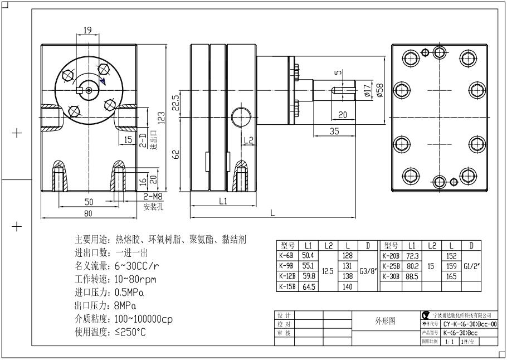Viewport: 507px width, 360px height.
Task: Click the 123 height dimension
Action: [161, 118]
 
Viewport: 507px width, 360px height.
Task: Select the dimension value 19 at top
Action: [87, 30]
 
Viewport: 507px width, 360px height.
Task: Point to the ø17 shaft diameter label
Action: [367, 90]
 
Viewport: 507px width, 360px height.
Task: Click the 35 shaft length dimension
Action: [334, 132]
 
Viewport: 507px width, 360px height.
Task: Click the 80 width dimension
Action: [88, 213]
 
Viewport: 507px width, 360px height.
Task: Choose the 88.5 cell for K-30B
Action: [413, 276]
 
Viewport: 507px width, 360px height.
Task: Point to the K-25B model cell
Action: [390, 266]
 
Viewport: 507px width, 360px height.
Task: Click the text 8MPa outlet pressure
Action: [126, 305]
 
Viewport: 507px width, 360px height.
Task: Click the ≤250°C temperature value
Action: [130, 332]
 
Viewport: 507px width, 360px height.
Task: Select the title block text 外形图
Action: [384, 322]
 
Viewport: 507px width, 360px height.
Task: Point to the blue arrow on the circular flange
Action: [102, 81]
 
